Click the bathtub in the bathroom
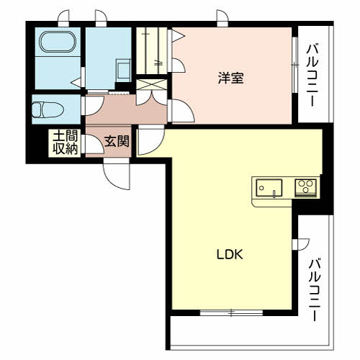click(x=58, y=42)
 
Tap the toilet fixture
click(x=48, y=109)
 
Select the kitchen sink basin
click(x=269, y=188)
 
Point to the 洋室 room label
click(x=231, y=78)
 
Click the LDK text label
click(x=230, y=254)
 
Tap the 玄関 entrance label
click(x=117, y=141)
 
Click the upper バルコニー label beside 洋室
click(x=312, y=75)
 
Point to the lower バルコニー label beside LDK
click(x=315, y=289)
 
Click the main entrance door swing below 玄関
click(x=117, y=176)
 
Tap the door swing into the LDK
click(x=150, y=140)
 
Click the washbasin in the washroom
click(x=123, y=71)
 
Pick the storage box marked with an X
click(x=151, y=84)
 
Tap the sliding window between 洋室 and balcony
click(x=295, y=65)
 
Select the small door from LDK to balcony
click(x=300, y=245)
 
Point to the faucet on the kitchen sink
click(x=274, y=194)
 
